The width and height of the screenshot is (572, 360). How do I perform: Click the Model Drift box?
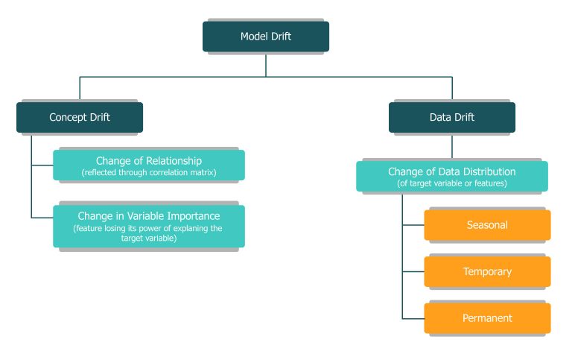pyautogui.click(x=266, y=37)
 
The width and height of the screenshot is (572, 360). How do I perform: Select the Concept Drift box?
pyautogui.click(x=80, y=117)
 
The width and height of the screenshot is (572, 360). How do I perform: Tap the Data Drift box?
pyautogui.click(x=452, y=117)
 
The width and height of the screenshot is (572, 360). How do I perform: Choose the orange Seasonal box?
pyautogui.click(x=487, y=225)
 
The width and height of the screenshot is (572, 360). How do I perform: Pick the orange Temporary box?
pyautogui.click(x=487, y=271)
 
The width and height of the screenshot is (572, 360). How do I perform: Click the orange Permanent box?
pyautogui.click(x=487, y=318)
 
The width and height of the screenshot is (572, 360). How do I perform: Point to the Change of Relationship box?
pyautogui.click(x=149, y=165)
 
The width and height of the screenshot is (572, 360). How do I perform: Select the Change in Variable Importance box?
pyautogui.click(x=149, y=227)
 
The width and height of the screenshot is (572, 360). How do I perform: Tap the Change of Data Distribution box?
pyautogui.click(x=452, y=177)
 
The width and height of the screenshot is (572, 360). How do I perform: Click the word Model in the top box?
pyautogui.click(x=254, y=37)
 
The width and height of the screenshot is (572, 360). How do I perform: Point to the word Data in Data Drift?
pyautogui.click(x=440, y=117)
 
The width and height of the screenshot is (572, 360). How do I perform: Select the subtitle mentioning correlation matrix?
pyautogui.click(x=149, y=173)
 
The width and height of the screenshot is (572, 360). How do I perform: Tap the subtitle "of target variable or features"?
pyautogui.click(x=452, y=183)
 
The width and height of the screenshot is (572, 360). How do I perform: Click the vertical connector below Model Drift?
pyautogui.click(x=266, y=64)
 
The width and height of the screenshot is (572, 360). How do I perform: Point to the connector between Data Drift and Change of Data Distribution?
pyautogui.click(x=452, y=147)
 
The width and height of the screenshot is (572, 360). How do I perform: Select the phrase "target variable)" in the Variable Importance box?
pyautogui.click(x=149, y=239)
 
